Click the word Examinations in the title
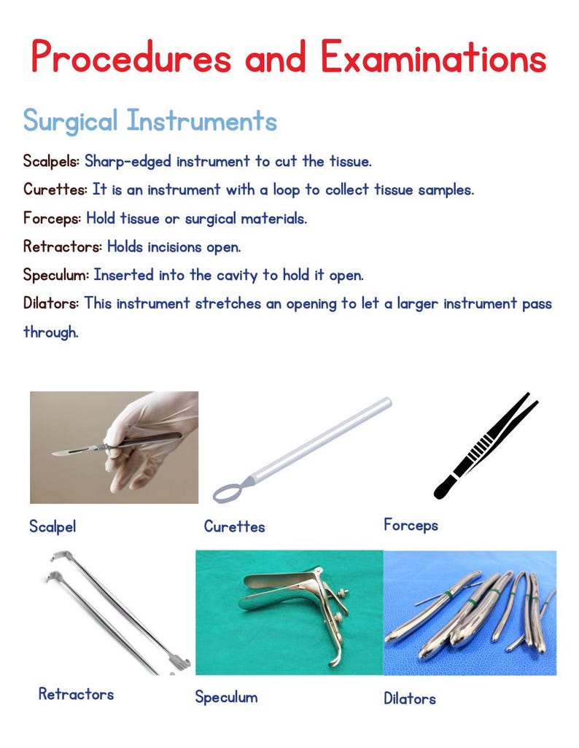(x=434, y=57)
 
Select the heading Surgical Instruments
(x=149, y=120)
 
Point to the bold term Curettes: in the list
(x=55, y=190)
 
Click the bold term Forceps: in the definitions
(x=53, y=218)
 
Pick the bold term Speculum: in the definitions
(x=56, y=276)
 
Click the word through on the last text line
(x=50, y=332)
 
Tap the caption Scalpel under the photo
(x=52, y=526)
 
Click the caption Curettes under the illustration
(x=234, y=526)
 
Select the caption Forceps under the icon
(x=411, y=524)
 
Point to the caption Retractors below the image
(x=76, y=693)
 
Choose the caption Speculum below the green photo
(x=226, y=697)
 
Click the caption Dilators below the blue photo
(x=410, y=698)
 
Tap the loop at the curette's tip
(x=228, y=491)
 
